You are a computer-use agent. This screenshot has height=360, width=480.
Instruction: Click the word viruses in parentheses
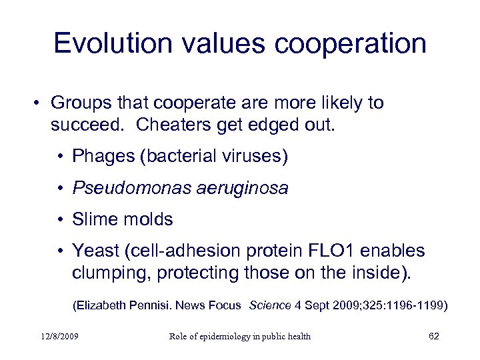[x=253, y=157]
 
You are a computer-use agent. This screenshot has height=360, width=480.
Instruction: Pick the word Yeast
[x=94, y=251]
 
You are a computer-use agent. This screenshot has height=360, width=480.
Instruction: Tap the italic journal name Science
[x=270, y=305]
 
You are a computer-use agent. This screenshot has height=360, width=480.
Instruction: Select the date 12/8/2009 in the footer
[x=59, y=336]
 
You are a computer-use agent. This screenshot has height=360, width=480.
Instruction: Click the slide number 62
[x=434, y=336]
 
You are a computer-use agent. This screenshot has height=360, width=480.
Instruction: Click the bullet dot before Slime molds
[x=60, y=220]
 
